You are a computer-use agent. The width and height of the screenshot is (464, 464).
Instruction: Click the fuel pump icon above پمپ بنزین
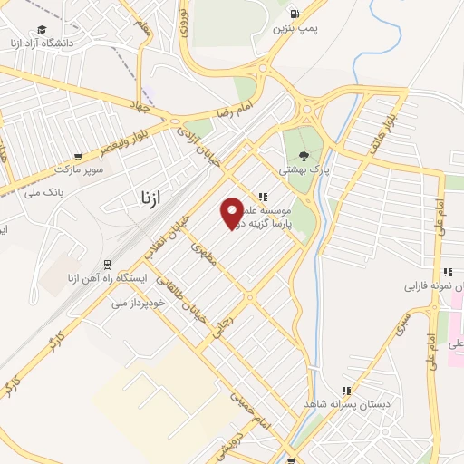coord(295,13)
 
